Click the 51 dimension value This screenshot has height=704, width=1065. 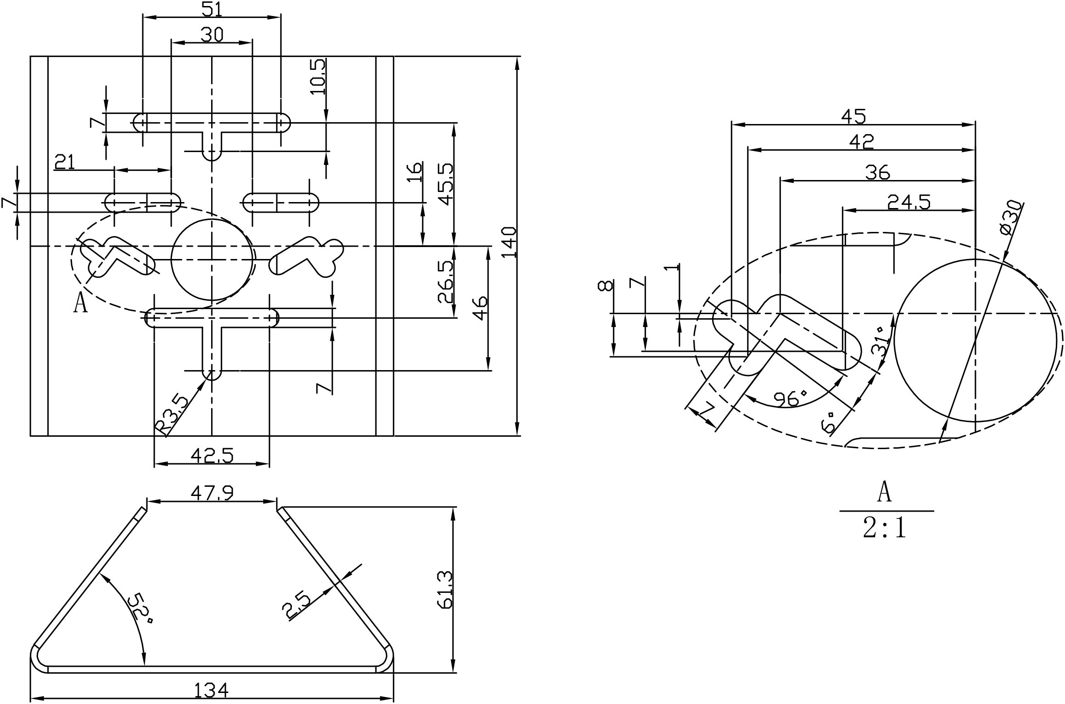pyautogui.click(x=212, y=9)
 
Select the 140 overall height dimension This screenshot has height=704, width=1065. pyautogui.click(x=509, y=242)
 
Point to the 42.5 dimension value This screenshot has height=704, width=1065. pyautogui.click(x=212, y=456)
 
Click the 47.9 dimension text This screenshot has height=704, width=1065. pyautogui.click(x=212, y=493)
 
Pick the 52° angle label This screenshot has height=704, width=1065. pyautogui.click(x=140, y=609)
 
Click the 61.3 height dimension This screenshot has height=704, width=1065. pyautogui.click(x=446, y=590)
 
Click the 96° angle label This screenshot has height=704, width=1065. pyautogui.click(x=790, y=399)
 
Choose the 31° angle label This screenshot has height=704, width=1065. pyautogui.click(x=881, y=342)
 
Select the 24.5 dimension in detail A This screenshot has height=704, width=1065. pyautogui.click(x=909, y=202)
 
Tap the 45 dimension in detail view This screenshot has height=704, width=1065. pyautogui.click(x=853, y=117)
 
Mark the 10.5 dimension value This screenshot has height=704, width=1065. pyautogui.click(x=318, y=77)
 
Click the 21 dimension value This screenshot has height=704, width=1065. pyautogui.click(x=65, y=162)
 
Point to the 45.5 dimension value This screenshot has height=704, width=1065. pyautogui.click(x=446, y=184)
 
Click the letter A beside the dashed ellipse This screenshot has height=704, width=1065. pyautogui.click(x=80, y=304)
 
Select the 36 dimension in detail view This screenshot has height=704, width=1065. pyautogui.click(x=877, y=173)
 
